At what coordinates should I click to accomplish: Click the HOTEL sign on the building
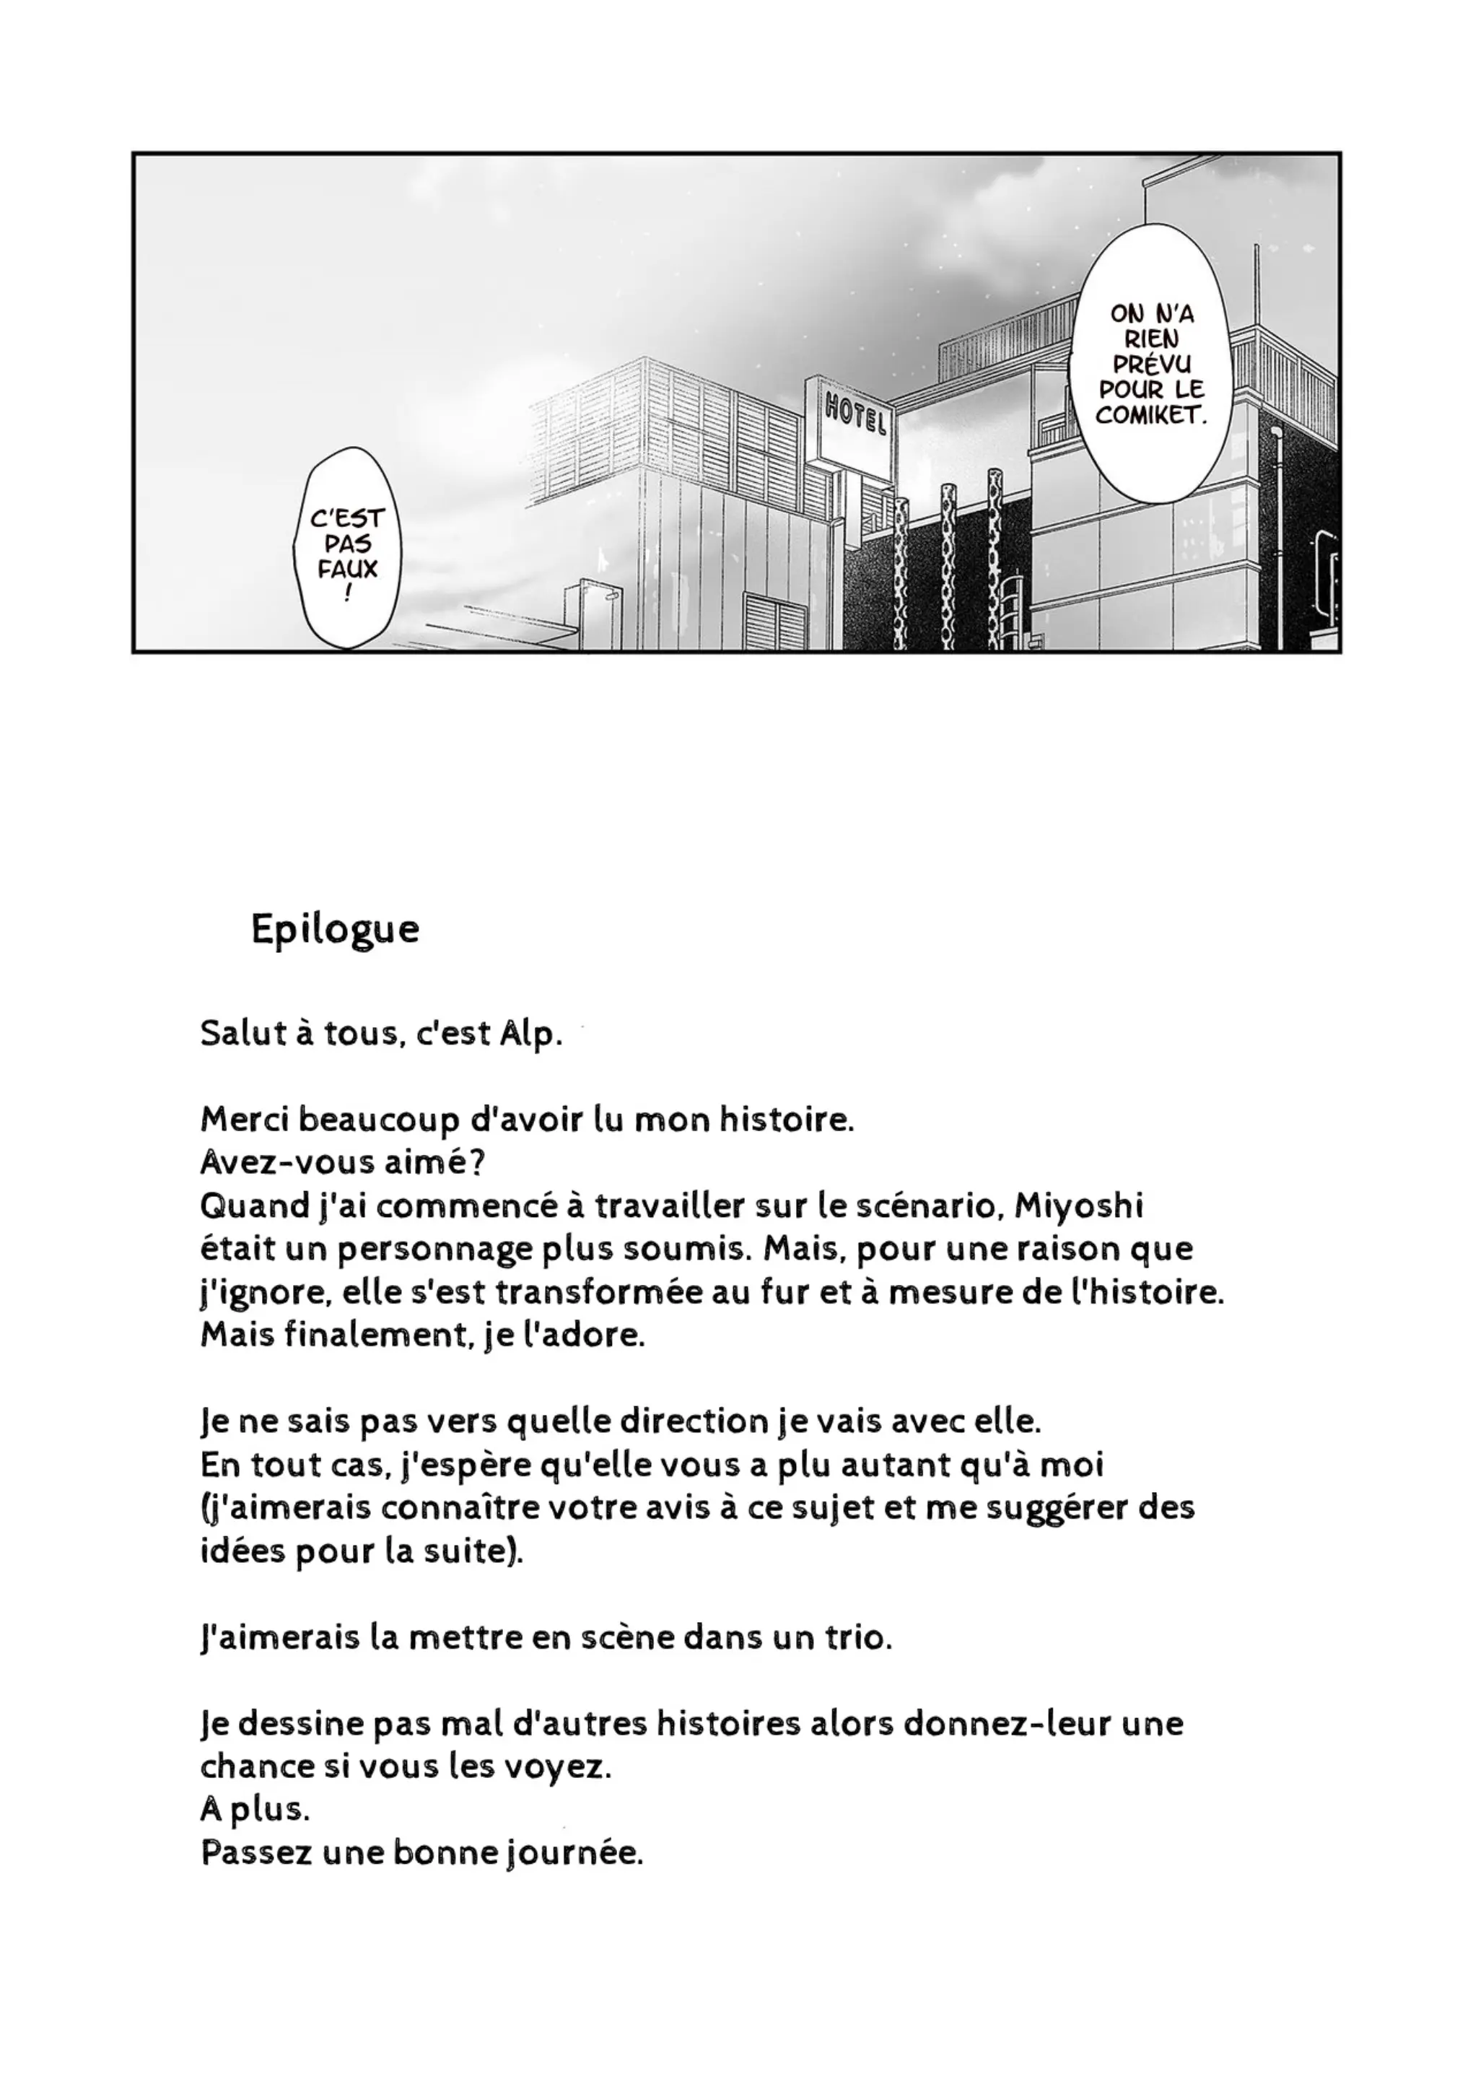(854, 414)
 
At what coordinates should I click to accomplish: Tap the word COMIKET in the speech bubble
(1151, 417)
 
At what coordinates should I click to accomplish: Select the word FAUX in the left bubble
(347, 570)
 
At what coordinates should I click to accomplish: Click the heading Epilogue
(335, 929)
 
